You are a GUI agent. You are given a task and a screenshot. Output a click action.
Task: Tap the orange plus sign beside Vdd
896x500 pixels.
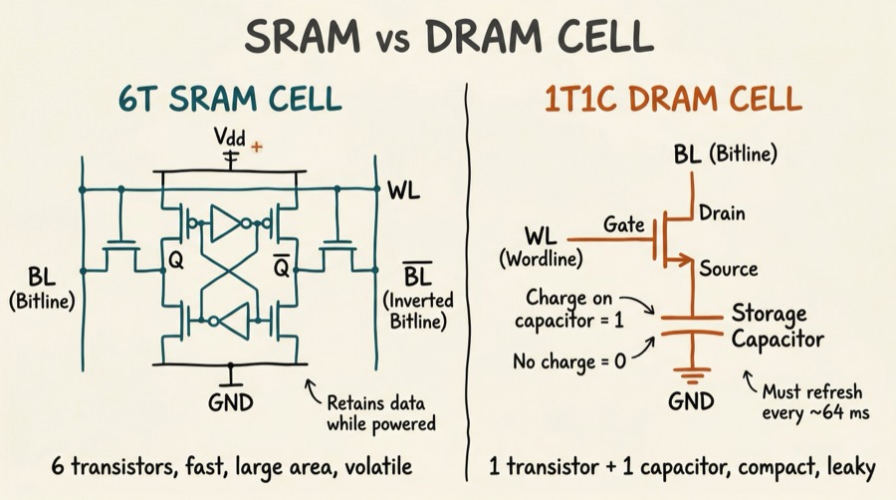click(x=257, y=146)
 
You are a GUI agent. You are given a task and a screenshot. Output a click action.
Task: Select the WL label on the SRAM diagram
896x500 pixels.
click(x=403, y=187)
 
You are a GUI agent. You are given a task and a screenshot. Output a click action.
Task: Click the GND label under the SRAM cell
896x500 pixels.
click(x=232, y=403)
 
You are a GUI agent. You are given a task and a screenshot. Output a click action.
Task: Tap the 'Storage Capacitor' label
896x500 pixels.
click(x=778, y=327)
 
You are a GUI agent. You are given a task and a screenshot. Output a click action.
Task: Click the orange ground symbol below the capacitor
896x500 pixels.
click(x=690, y=376)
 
